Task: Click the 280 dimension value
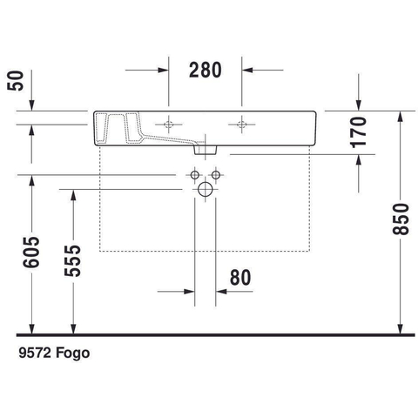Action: pos(206,71)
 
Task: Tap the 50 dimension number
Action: pos(16,81)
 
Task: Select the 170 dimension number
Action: pos(359,132)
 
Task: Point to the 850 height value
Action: pos(401,219)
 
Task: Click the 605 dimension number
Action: pos(31,252)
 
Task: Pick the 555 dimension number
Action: pos(72,260)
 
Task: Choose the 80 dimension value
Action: pos(240,278)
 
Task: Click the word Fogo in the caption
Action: pos(72,354)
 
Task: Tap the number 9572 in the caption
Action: pos(35,353)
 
